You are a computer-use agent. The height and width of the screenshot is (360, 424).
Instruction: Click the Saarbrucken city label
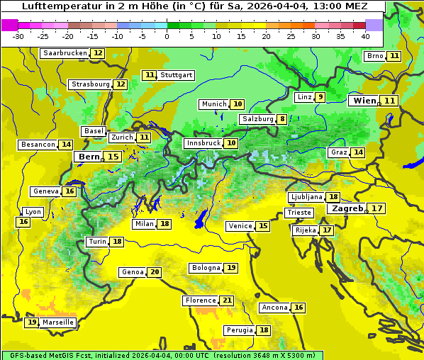65,53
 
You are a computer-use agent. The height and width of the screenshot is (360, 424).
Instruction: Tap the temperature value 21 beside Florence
227,300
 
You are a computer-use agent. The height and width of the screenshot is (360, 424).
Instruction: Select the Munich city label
213,104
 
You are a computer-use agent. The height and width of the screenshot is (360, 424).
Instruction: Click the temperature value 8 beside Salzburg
282,119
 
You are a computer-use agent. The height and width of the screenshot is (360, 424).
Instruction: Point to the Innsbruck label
203,143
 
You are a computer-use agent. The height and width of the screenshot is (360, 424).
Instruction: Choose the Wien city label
365,101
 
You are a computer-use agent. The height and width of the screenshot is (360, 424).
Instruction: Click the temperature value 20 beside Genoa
155,272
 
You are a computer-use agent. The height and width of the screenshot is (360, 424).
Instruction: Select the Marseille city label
58,322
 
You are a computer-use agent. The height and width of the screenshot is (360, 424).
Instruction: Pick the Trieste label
299,213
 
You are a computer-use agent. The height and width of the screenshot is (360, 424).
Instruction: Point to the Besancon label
38,145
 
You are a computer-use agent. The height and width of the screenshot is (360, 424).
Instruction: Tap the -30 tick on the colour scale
18,36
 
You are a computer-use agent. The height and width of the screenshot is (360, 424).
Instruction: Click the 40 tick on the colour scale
365,36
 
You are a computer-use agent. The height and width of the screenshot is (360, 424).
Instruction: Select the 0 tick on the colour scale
167,36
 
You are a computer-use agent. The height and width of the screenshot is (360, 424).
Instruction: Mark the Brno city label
374,56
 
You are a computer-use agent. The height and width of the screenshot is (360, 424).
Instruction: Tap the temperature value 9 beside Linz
320,97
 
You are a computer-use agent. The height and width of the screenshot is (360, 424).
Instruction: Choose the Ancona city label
274,308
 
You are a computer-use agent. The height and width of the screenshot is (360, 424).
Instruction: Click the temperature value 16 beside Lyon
23,222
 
